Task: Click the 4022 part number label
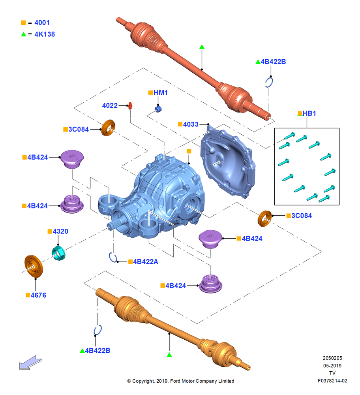point(110,105)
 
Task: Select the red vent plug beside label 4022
point(130,106)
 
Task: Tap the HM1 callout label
point(160,93)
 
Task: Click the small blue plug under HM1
point(158,109)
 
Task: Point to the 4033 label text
point(191,124)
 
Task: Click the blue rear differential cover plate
point(227,162)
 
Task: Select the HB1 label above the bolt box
point(309,113)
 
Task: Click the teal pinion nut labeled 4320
point(58,253)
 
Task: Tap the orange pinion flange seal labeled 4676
point(34,266)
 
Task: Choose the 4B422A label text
point(146,262)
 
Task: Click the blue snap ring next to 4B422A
point(113,258)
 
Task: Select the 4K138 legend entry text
point(45,34)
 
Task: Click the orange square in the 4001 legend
point(23,23)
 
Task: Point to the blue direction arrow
point(31,363)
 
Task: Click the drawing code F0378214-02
point(332,381)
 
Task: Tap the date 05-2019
point(332,365)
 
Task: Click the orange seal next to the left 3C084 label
point(108,128)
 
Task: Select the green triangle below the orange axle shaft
point(169,355)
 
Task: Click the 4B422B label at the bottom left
point(97,351)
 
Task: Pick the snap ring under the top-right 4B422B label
point(269,83)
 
